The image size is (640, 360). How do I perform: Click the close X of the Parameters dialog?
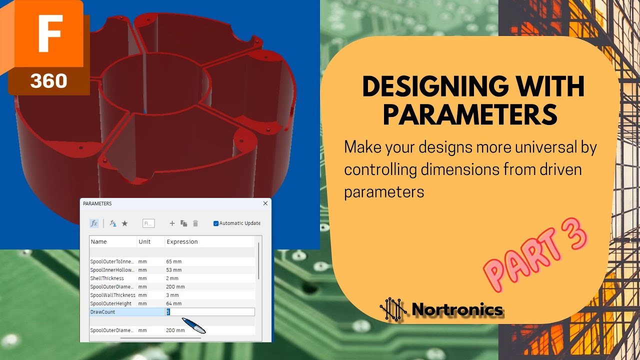point(265,203)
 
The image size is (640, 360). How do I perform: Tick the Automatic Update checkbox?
point(216,223)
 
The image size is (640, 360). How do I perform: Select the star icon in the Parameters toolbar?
point(124,223)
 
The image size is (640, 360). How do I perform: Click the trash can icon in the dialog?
point(195,223)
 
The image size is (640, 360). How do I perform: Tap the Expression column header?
point(182,242)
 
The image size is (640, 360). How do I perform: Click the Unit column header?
point(144,242)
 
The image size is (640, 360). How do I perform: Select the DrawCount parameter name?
point(102,312)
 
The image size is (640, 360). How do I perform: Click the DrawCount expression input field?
point(210,312)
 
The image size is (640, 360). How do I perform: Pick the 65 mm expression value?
point(174,261)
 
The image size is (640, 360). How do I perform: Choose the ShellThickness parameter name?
point(107,278)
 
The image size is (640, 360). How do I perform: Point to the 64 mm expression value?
point(174,303)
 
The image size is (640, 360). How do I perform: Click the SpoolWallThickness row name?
point(112,295)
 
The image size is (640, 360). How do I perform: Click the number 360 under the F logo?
point(48,80)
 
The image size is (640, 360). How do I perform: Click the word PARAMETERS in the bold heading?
point(470,114)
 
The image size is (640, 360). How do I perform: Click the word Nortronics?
point(457,309)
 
